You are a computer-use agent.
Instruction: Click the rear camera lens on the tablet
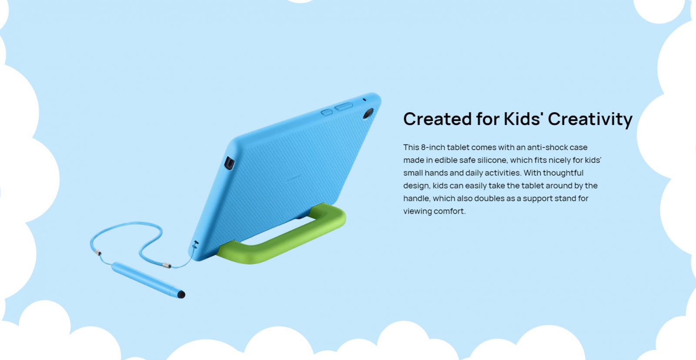(368, 113)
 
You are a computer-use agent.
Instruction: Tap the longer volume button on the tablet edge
(344, 107)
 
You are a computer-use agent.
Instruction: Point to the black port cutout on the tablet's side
(229, 163)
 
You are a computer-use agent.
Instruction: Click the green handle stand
(281, 236)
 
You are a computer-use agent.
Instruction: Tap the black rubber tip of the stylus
(181, 294)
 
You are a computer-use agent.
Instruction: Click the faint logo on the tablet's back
(294, 178)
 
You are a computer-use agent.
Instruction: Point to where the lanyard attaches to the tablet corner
(195, 245)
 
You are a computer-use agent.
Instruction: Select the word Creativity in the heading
(590, 119)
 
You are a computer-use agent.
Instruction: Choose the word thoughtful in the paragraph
(563, 173)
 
